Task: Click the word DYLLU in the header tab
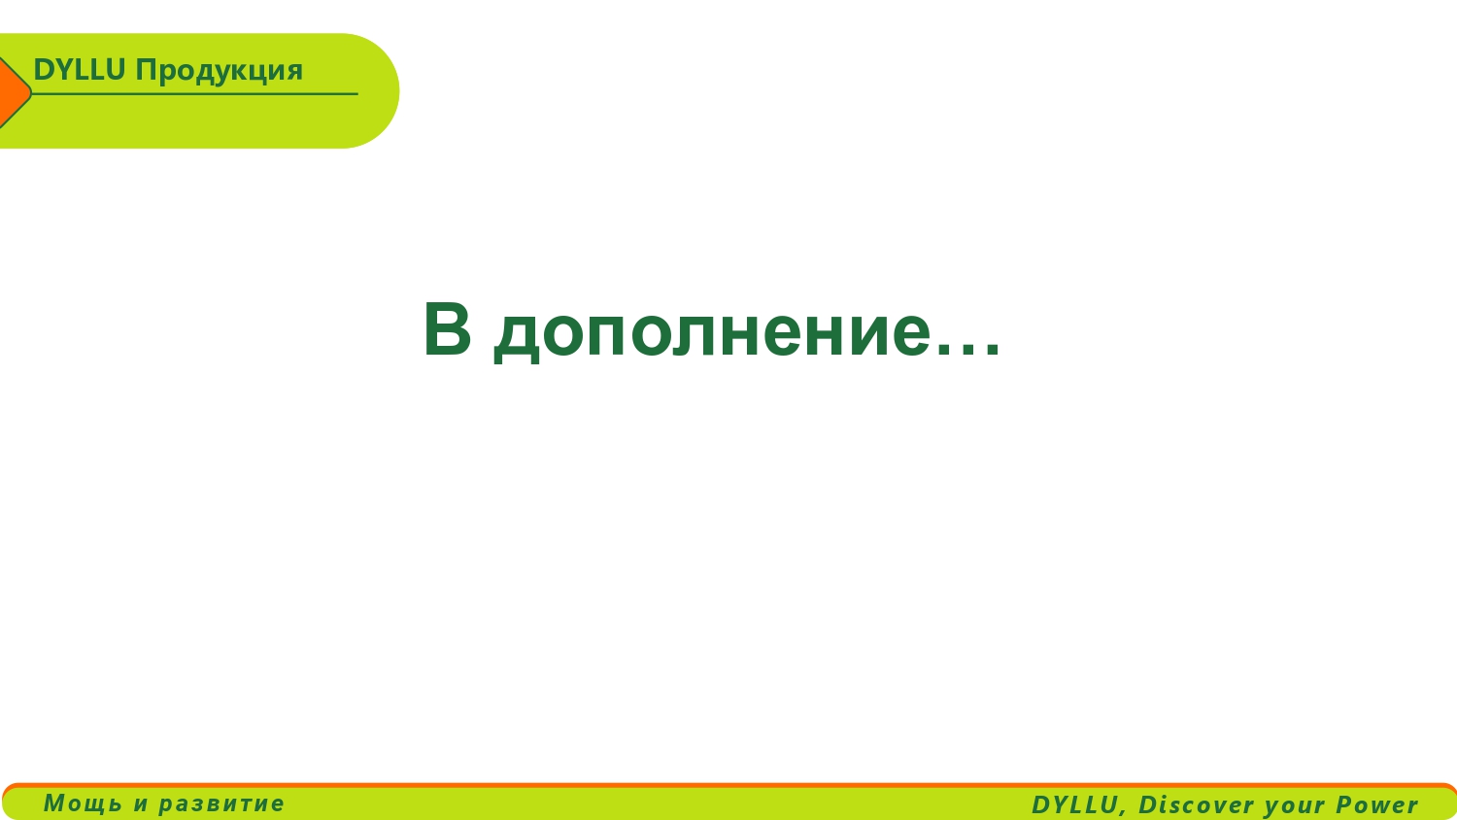click(x=79, y=70)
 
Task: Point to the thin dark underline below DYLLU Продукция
click(x=194, y=93)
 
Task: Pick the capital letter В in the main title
click(x=447, y=329)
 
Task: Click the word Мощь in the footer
click(x=83, y=803)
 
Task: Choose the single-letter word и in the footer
click(x=141, y=804)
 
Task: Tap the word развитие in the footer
click(x=221, y=804)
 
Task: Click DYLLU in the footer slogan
click(x=1074, y=804)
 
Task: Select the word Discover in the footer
click(x=1196, y=804)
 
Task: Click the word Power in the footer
click(x=1377, y=804)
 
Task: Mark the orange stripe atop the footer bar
click(x=728, y=786)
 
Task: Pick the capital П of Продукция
click(x=146, y=70)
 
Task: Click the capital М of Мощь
click(x=55, y=803)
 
